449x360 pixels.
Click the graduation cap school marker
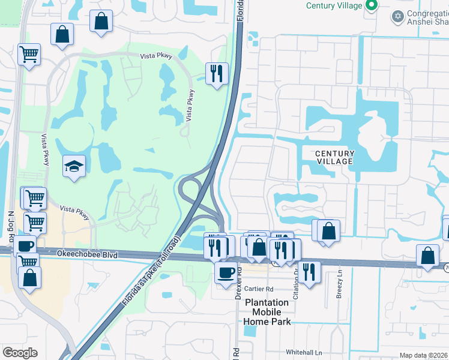point(74,166)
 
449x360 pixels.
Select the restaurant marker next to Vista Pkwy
point(217,74)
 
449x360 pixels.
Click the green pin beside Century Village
point(372,6)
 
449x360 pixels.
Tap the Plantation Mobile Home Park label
point(267,312)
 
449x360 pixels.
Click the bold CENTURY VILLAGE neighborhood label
point(335,158)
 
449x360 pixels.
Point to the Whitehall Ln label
point(304,352)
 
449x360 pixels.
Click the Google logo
point(20,353)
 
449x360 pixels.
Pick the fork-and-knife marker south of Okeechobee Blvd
point(310,272)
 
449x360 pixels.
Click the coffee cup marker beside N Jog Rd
point(25,246)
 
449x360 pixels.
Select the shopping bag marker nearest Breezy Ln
point(329,230)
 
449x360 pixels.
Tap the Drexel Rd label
point(239,279)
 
